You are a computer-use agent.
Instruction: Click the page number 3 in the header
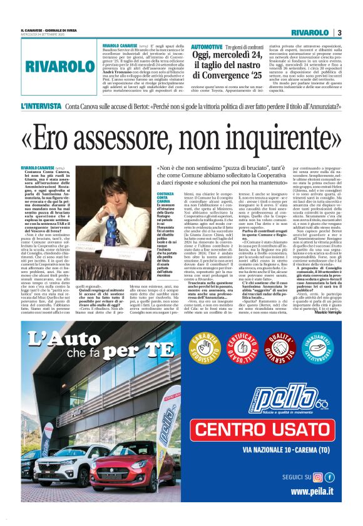339,32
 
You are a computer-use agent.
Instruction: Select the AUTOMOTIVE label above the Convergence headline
207,47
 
